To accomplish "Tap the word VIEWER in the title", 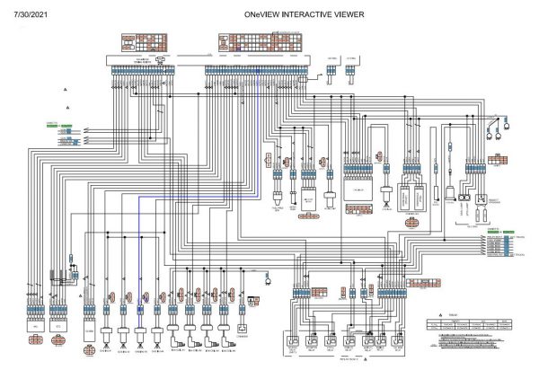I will point(354,15).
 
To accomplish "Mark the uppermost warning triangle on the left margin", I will point(66,92).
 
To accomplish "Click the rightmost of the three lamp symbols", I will point(508,139).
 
